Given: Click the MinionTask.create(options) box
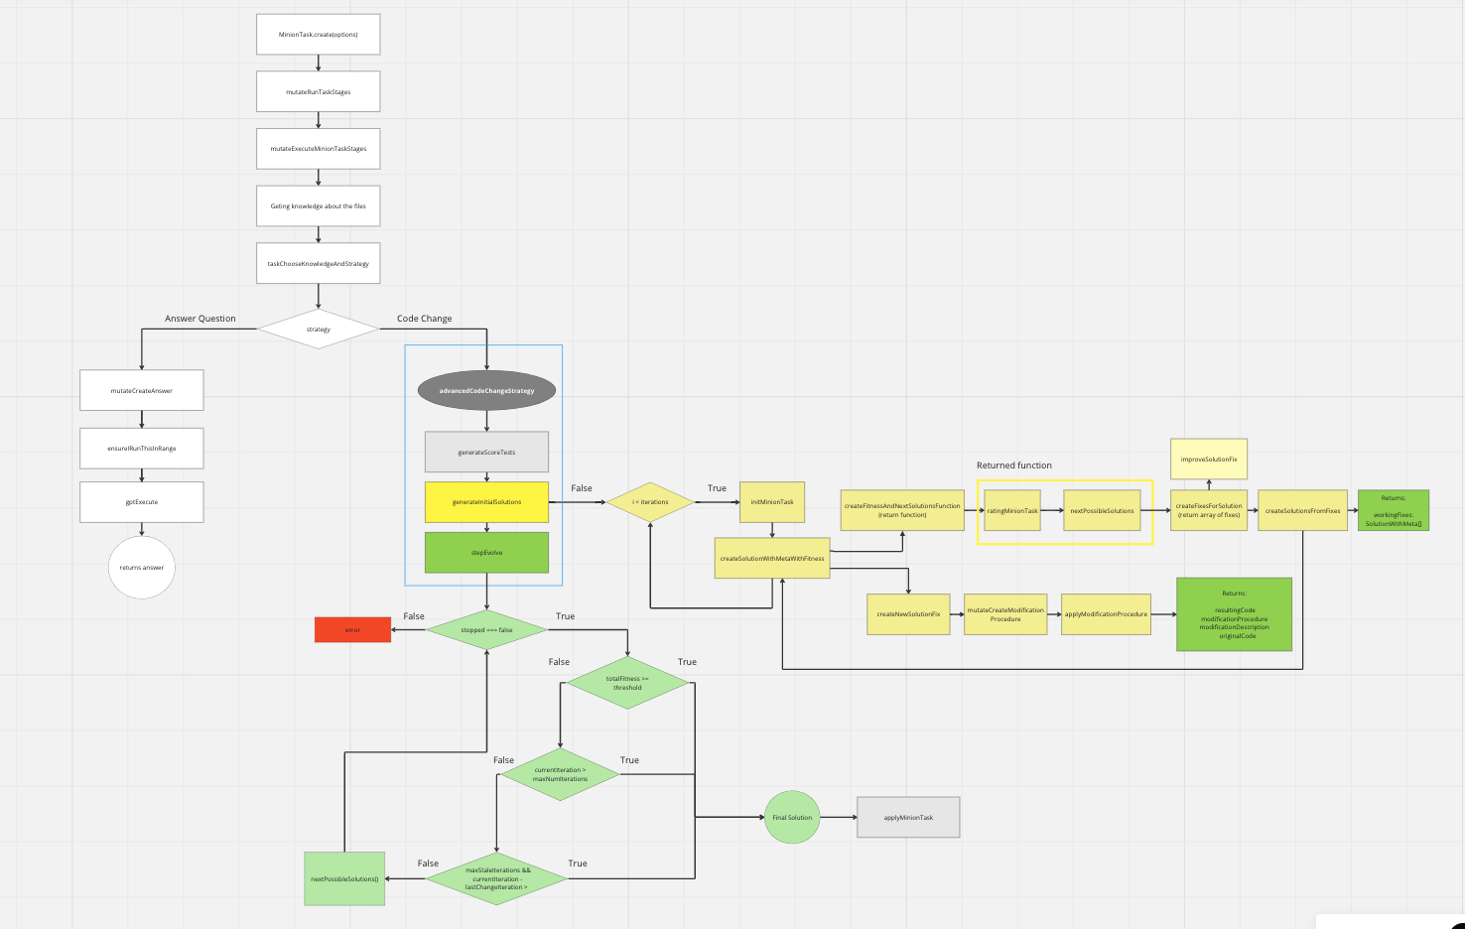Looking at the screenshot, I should [x=318, y=35].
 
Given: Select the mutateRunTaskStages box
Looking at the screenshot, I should [x=318, y=91].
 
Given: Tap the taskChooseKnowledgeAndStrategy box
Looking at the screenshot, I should [x=318, y=264].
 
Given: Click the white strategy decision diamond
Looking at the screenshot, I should [x=318, y=329].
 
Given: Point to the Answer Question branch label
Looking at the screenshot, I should [x=200, y=319].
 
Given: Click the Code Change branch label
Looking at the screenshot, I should [x=424, y=319].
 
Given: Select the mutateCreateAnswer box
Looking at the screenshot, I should [x=141, y=390].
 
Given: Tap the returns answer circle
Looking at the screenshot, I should [x=142, y=568].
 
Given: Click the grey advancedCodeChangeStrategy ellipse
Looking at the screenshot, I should [x=486, y=390].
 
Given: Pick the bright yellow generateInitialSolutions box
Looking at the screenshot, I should [x=486, y=502].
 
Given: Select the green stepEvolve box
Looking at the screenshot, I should [x=486, y=553].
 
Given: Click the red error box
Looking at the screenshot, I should [x=352, y=630].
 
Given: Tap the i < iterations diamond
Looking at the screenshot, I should [x=650, y=502].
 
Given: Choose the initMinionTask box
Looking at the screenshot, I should [x=772, y=502].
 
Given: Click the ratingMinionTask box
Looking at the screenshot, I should [x=1012, y=511].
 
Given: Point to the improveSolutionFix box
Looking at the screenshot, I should [x=1209, y=460].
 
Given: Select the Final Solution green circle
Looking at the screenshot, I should [x=792, y=818].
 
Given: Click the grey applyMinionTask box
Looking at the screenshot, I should [x=908, y=818].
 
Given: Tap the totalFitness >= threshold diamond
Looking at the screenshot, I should [x=627, y=683].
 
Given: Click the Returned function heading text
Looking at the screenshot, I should [x=1013, y=465].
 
